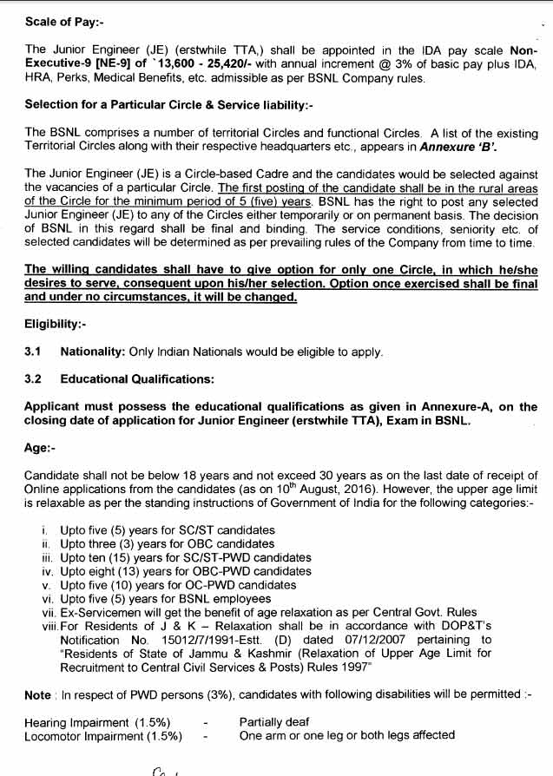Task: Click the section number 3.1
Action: point(34,352)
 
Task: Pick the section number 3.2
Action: point(34,379)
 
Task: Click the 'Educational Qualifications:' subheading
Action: point(137,379)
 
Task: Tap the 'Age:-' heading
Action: point(41,448)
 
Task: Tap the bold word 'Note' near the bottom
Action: point(38,695)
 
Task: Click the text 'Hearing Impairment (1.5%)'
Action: point(97,722)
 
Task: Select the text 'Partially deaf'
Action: point(274,722)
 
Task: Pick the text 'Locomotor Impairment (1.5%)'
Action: point(103,736)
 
